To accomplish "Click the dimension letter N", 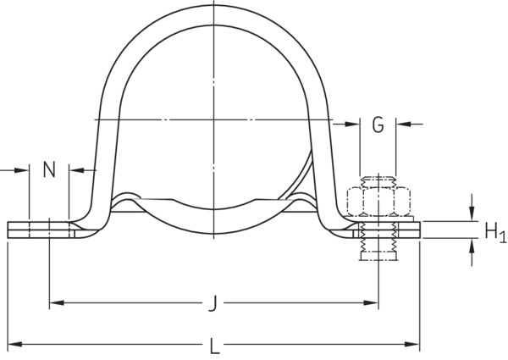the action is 49,169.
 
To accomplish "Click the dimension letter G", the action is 378,125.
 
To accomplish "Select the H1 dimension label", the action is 495,232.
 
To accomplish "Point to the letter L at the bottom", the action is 215,346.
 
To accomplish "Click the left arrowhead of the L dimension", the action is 14,344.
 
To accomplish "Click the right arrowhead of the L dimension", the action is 412,344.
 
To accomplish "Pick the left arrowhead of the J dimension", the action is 57,302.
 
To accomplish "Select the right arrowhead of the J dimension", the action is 371,302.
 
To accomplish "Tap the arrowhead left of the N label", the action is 22,169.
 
